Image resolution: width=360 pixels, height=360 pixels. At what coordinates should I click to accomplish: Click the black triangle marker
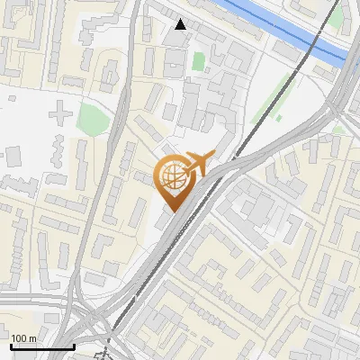click(181, 24)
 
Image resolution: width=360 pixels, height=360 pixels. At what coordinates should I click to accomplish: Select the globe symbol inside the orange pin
click(171, 178)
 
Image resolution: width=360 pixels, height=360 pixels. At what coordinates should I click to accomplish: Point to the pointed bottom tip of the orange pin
click(171, 211)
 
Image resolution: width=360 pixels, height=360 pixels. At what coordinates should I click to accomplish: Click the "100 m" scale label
click(23, 337)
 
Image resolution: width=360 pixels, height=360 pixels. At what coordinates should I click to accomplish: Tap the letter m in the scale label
click(32, 337)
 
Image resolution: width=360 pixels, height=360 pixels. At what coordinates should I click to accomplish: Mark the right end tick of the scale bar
click(74, 346)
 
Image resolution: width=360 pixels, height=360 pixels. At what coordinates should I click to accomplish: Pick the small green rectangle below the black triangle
click(198, 62)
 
